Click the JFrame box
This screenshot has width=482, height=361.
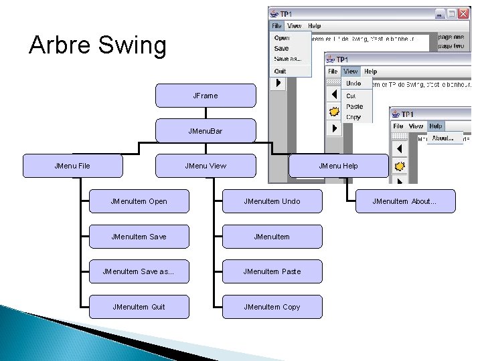coord(206,96)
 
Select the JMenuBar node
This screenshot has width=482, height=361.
coord(206,131)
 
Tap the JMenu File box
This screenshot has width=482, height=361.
coord(72,166)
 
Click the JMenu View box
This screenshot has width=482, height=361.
coord(206,166)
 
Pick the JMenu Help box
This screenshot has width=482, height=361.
coord(338,166)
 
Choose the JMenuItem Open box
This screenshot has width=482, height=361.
coord(139,201)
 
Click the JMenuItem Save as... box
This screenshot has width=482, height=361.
coord(139,271)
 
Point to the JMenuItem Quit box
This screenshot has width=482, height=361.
coord(139,307)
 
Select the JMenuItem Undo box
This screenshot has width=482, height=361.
coord(272,201)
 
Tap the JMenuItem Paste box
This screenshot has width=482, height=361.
coord(272,271)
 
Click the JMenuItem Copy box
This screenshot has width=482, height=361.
coord(272,307)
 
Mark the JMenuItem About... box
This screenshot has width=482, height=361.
coord(404,201)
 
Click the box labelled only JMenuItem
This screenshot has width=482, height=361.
coord(272,237)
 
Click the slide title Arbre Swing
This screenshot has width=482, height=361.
coord(98,45)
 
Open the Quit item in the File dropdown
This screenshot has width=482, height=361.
coord(280,71)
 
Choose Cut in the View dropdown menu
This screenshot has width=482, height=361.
coord(351,96)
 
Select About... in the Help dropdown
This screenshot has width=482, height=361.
coord(443,138)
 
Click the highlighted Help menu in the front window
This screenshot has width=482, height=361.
coord(436,126)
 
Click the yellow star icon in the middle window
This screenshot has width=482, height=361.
coord(333,112)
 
